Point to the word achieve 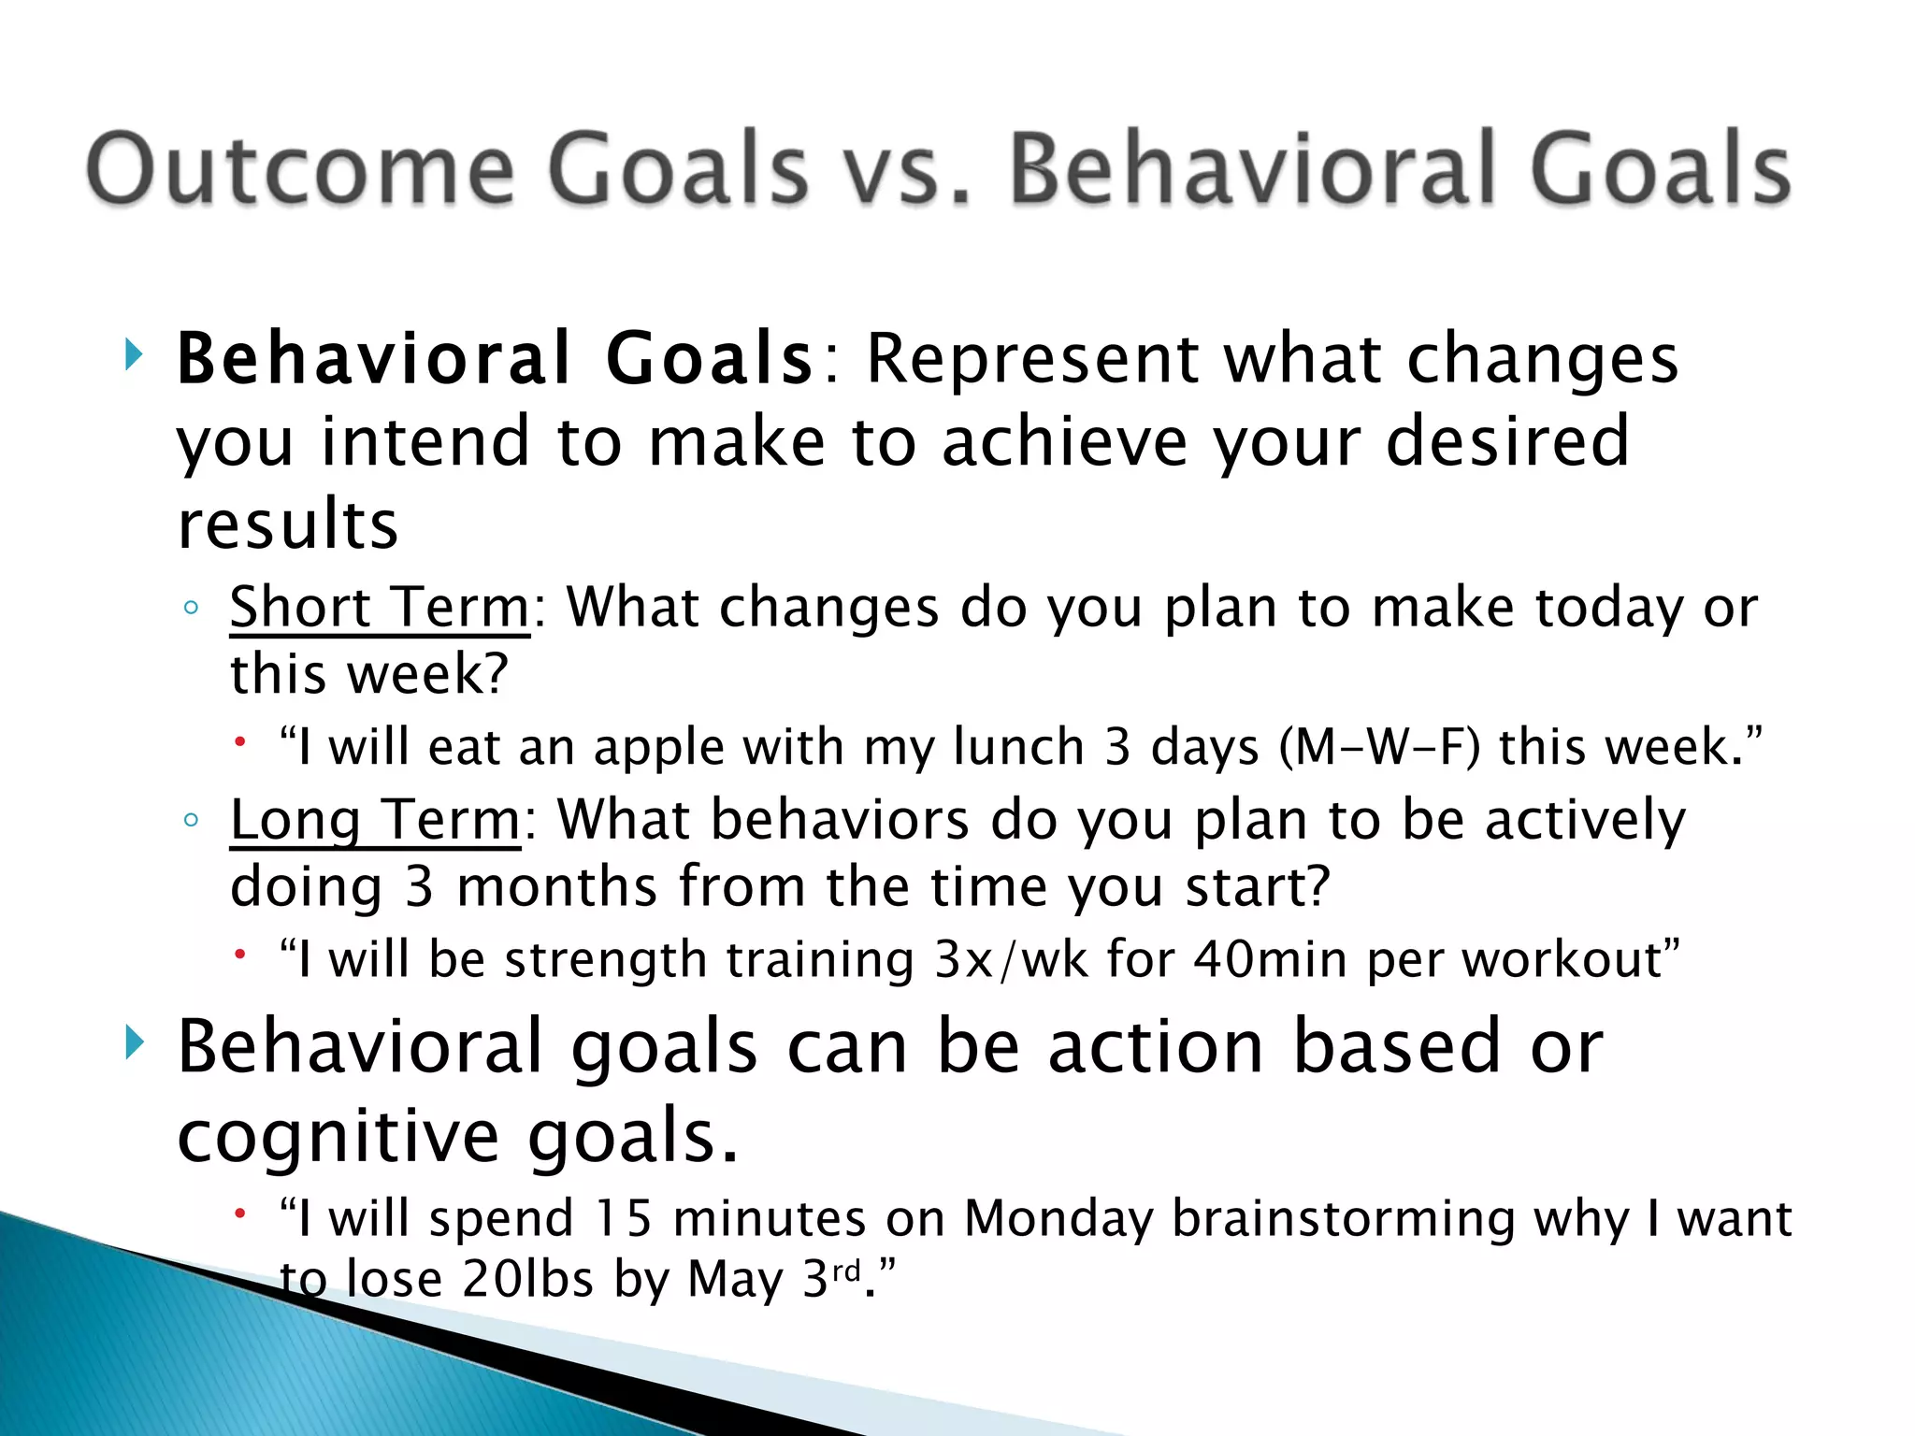1064,441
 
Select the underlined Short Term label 380,608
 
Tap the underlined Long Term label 375,820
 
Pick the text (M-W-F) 1380,747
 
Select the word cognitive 338,1137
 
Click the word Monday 1058,1218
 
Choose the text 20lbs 528,1279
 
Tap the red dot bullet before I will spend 240,1213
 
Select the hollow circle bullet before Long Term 191,821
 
